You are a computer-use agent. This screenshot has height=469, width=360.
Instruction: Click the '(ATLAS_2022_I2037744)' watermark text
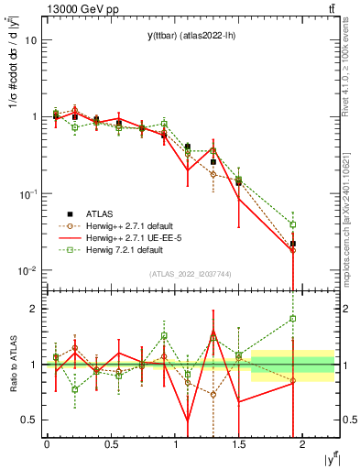[191, 274]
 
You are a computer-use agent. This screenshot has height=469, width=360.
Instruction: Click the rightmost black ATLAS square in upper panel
[293, 244]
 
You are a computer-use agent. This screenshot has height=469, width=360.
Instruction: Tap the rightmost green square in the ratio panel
[293, 319]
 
